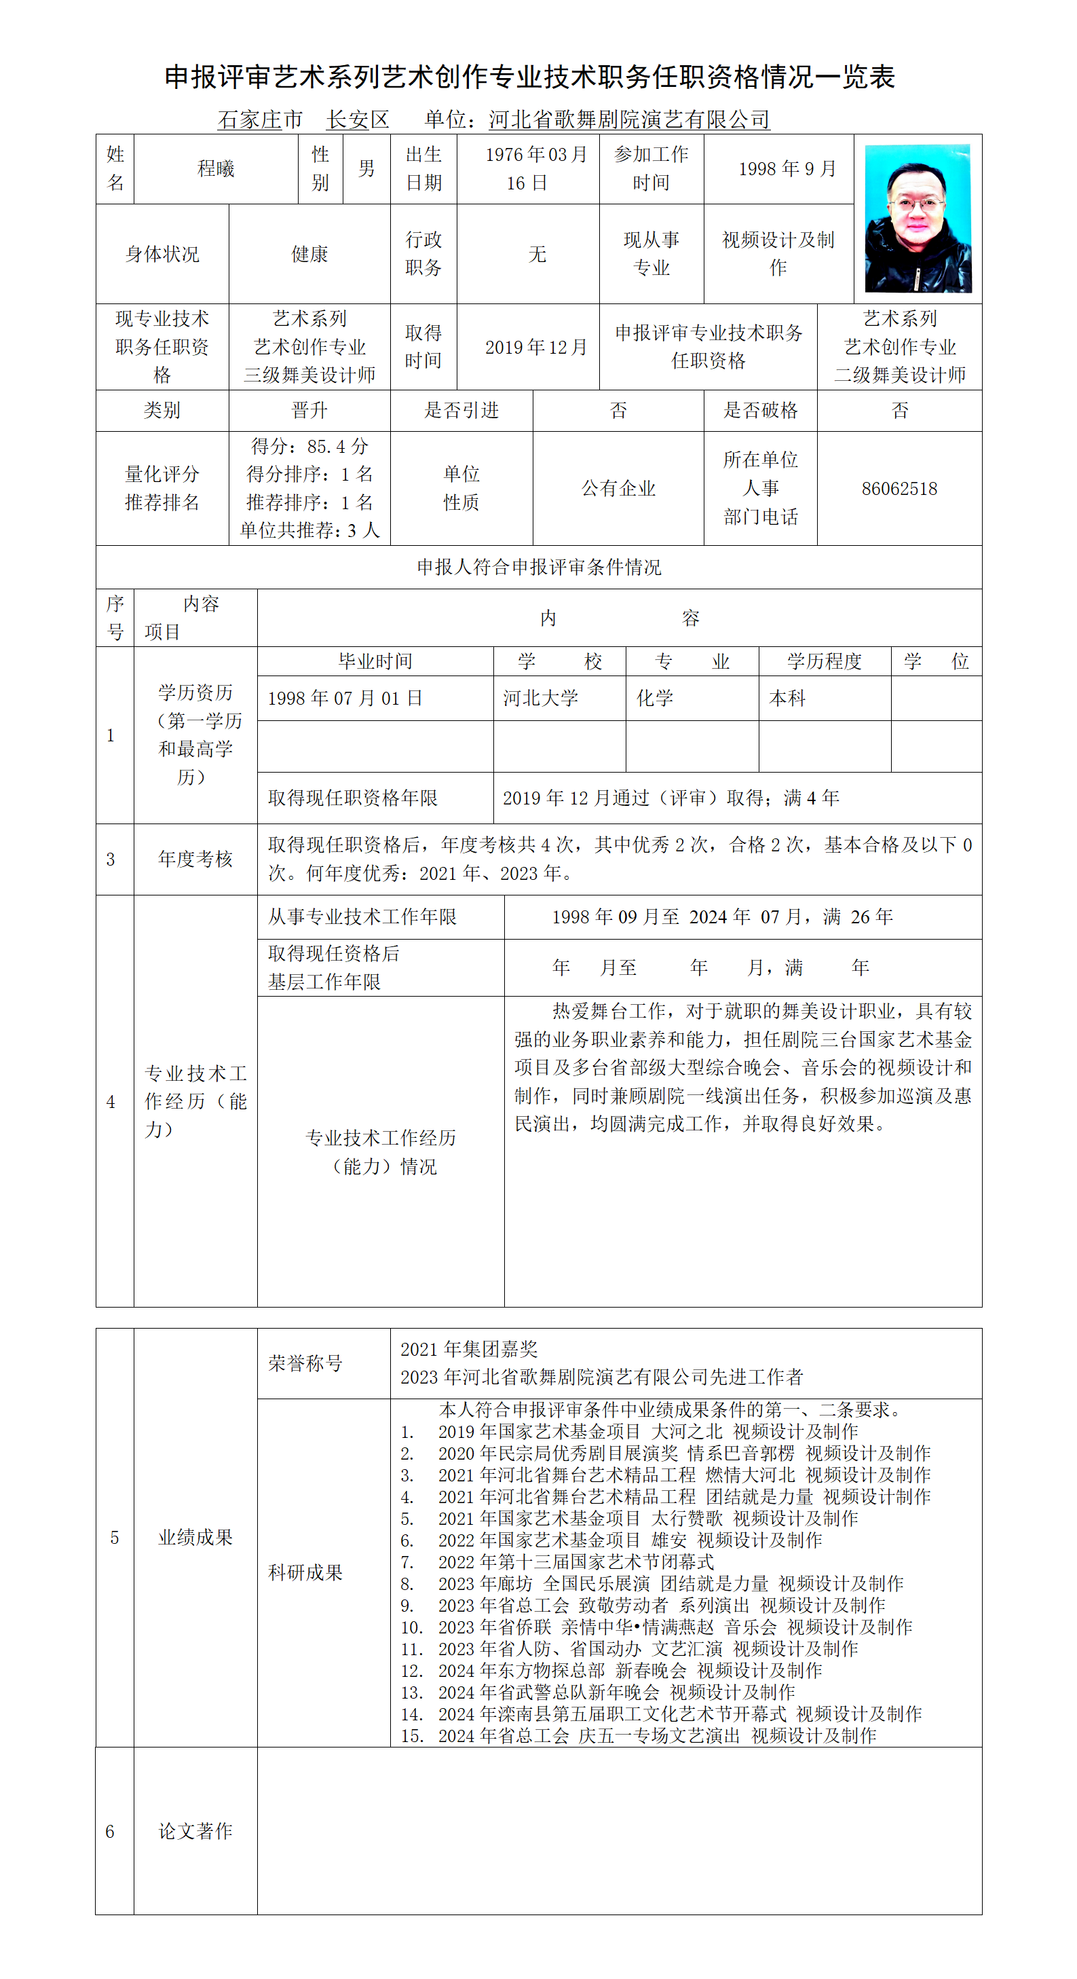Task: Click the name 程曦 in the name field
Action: [x=216, y=169]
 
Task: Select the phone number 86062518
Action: [x=899, y=489]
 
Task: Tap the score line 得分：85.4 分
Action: [x=309, y=446]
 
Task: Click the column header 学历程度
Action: [x=825, y=661]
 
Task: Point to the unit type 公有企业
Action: [x=618, y=489]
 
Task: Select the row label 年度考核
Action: [x=195, y=859]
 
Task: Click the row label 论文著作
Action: [x=195, y=1831]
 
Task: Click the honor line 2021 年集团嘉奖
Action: [x=468, y=1350]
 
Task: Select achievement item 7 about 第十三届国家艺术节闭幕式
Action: [x=575, y=1562]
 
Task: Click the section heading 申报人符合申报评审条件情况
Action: [x=539, y=568]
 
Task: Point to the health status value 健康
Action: [x=309, y=255]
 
